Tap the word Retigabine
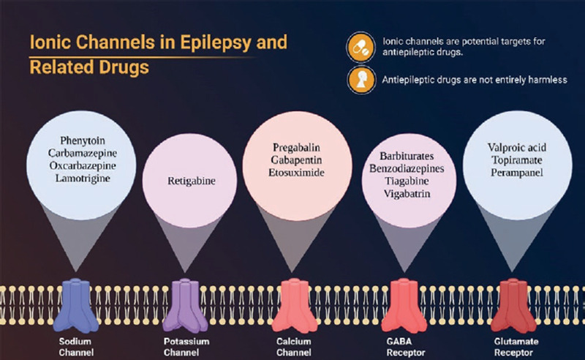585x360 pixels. (184, 178)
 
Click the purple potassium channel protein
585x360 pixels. (184, 301)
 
